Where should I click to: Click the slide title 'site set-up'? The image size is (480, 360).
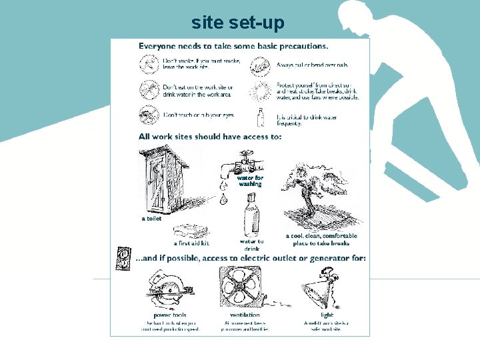[x=237, y=23]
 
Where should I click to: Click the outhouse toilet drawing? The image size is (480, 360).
[x=159, y=180]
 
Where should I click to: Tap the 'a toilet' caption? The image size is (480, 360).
[x=151, y=219]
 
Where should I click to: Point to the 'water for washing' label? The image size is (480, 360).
[x=251, y=181]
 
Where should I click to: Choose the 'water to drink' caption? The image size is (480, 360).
[x=251, y=245]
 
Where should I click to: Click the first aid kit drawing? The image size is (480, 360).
[x=191, y=231]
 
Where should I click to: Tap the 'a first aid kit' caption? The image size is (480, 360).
[x=191, y=243]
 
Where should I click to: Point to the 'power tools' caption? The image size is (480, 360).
[x=170, y=315]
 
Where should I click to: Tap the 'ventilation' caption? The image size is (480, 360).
[x=245, y=315]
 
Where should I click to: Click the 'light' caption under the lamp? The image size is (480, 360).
[x=327, y=315]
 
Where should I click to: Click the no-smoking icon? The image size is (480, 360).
[x=148, y=63]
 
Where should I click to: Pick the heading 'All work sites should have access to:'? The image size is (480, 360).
[x=210, y=137]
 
